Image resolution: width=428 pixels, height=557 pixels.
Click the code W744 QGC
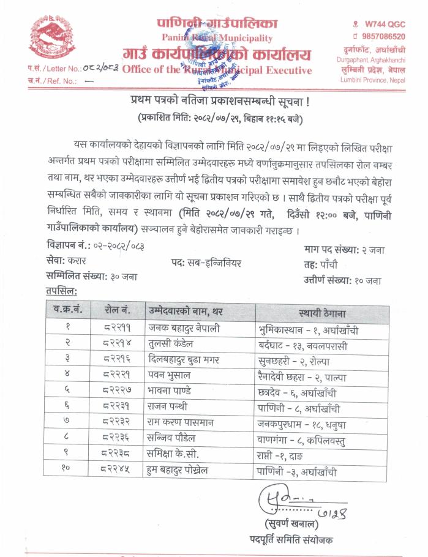(x=383, y=23)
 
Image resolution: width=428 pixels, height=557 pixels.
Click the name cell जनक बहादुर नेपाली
(x=184, y=328)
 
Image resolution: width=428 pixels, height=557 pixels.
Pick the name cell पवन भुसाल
(x=169, y=373)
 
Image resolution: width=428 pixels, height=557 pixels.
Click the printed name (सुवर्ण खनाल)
(x=293, y=524)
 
